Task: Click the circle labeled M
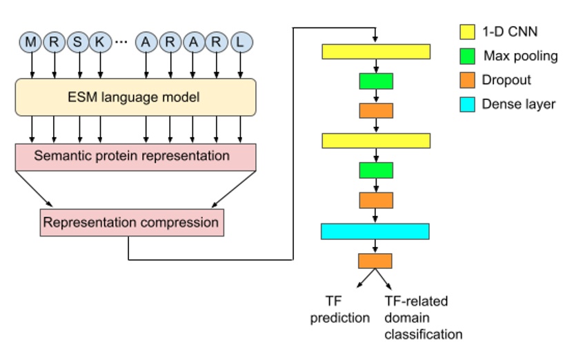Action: point(31,42)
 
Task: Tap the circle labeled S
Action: point(78,42)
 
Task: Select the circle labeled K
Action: point(100,42)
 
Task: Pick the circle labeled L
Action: point(239,42)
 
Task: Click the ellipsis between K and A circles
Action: point(121,43)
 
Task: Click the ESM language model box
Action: point(135,97)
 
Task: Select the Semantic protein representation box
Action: point(135,157)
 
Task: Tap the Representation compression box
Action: point(131,223)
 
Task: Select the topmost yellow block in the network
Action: point(375,52)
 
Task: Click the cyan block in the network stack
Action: point(375,231)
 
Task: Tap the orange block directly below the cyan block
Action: point(375,261)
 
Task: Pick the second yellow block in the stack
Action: point(375,141)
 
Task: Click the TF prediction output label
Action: point(339,310)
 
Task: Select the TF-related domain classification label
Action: point(422,318)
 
